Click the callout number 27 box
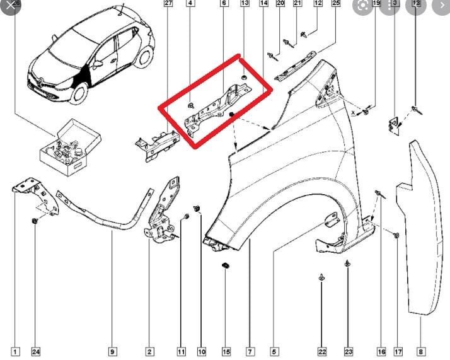(168, 4)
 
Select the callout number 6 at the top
(224, 4)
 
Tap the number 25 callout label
(335, 4)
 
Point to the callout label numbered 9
(112, 351)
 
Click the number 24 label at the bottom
(35, 351)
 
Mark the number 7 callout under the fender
(250, 351)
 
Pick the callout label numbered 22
(322, 351)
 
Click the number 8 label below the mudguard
(420, 351)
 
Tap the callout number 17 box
(398, 351)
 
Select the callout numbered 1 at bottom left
(15, 351)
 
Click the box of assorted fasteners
(67, 148)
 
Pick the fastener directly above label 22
(321, 277)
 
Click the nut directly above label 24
(35, 221)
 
